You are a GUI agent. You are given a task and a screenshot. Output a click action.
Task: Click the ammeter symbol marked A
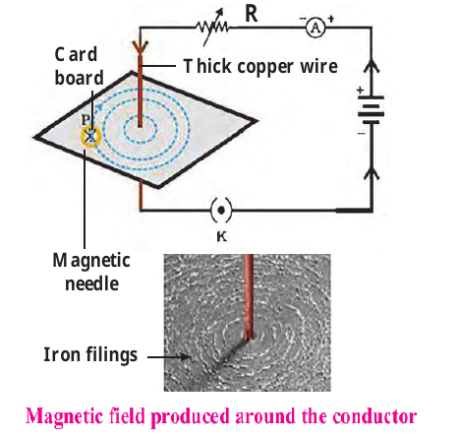click(x=315, y=28)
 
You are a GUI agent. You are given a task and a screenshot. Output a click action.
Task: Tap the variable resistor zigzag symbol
click(x=213, y=28)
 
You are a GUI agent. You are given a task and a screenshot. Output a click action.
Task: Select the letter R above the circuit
click(x=252, y=14)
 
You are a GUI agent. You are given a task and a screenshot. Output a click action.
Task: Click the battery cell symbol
click(x=371, y=110)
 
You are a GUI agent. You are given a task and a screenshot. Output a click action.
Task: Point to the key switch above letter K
click(x=221, y=210)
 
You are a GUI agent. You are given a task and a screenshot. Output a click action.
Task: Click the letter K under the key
click(x=222, y=236)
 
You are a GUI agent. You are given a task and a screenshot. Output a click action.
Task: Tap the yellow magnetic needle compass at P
click(x=90, y=136)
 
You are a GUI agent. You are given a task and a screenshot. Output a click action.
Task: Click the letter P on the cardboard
click(x=86, y=119)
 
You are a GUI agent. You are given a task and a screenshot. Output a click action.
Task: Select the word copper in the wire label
click(x=265, y=68)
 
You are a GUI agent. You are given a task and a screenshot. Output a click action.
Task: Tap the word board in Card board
click(x=79, y=78)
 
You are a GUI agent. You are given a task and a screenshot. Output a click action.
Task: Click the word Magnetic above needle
click(x=91, y=262)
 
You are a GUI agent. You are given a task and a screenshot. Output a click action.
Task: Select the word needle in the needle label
click(x=91, y=283)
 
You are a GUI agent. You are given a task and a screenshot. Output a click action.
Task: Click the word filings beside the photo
click(x=112, y=355)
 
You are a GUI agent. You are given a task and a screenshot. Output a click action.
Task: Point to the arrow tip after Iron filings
click(x=190, y=357)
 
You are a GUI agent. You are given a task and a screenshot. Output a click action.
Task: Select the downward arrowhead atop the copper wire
click(x=140, y=48)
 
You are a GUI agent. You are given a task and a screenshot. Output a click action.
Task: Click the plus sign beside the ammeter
click(x=331, y=20)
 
